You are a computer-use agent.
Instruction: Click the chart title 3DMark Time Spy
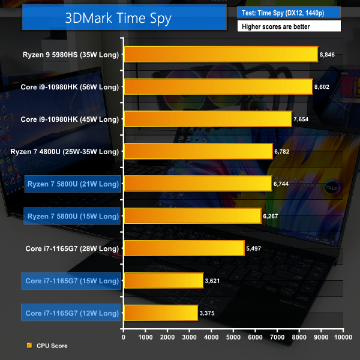coord(118,19)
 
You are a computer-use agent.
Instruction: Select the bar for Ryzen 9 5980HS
coord(220,55)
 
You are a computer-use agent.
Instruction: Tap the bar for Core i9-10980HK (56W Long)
coord(218,86)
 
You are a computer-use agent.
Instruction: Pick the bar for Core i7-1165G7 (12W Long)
coord(160,313)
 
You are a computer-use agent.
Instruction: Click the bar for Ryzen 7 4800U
coord(198,151)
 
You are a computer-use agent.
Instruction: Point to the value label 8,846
coord(328,55)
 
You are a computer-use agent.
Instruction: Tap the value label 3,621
coord(214,280)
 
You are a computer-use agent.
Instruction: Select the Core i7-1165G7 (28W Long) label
coord(72,248)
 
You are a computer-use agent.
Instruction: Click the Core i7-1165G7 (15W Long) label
coord(72,280)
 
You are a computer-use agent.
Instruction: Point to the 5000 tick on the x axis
coord(233,337)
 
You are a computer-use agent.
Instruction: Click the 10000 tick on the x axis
coord(343,337)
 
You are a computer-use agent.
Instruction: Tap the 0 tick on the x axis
coord(124,337)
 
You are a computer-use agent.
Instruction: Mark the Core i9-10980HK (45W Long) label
coord(70,119)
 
